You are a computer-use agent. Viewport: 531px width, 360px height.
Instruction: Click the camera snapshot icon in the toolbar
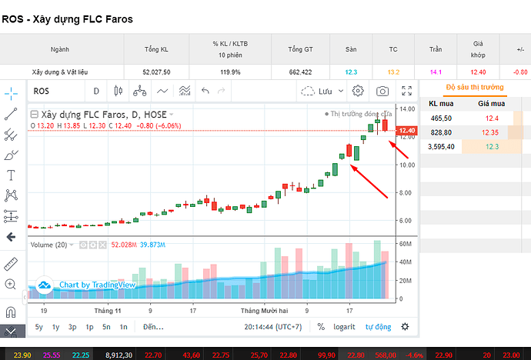[382, 91]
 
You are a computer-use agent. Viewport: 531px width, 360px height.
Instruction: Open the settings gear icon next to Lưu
[358, 91]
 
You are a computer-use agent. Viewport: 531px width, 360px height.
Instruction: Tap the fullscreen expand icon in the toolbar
[407, 91]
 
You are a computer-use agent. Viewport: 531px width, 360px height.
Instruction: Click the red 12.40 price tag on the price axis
[407, 131]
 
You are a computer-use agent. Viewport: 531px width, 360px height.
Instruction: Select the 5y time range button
[39, 327]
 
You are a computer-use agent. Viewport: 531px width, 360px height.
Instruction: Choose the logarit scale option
[344, 327]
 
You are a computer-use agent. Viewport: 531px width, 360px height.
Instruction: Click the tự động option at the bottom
[379, 327]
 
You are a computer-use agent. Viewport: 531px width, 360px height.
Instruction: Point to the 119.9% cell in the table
[230, 72]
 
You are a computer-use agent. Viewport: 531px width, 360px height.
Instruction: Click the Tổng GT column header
[300, 49]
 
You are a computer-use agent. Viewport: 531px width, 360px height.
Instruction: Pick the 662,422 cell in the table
[300, 72]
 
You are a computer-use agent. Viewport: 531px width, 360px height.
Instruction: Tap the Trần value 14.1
[436, 72]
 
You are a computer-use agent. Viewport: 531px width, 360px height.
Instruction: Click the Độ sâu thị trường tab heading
[475, 87]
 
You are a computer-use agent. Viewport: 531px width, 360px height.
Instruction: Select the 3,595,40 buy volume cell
[441, 146]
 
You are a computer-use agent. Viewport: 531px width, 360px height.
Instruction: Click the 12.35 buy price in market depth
[490, 132]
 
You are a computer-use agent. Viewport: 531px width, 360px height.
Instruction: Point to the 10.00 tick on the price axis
[407, 165]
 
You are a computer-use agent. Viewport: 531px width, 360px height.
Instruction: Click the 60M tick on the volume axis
[406, 244]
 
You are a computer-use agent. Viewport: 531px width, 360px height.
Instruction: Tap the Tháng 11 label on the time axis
[107, 311]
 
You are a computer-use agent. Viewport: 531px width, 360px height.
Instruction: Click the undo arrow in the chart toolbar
[205, 91]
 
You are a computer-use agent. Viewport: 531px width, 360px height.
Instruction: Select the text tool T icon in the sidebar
[11, 175]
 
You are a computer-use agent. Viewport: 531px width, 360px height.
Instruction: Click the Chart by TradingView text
[98, 285]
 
